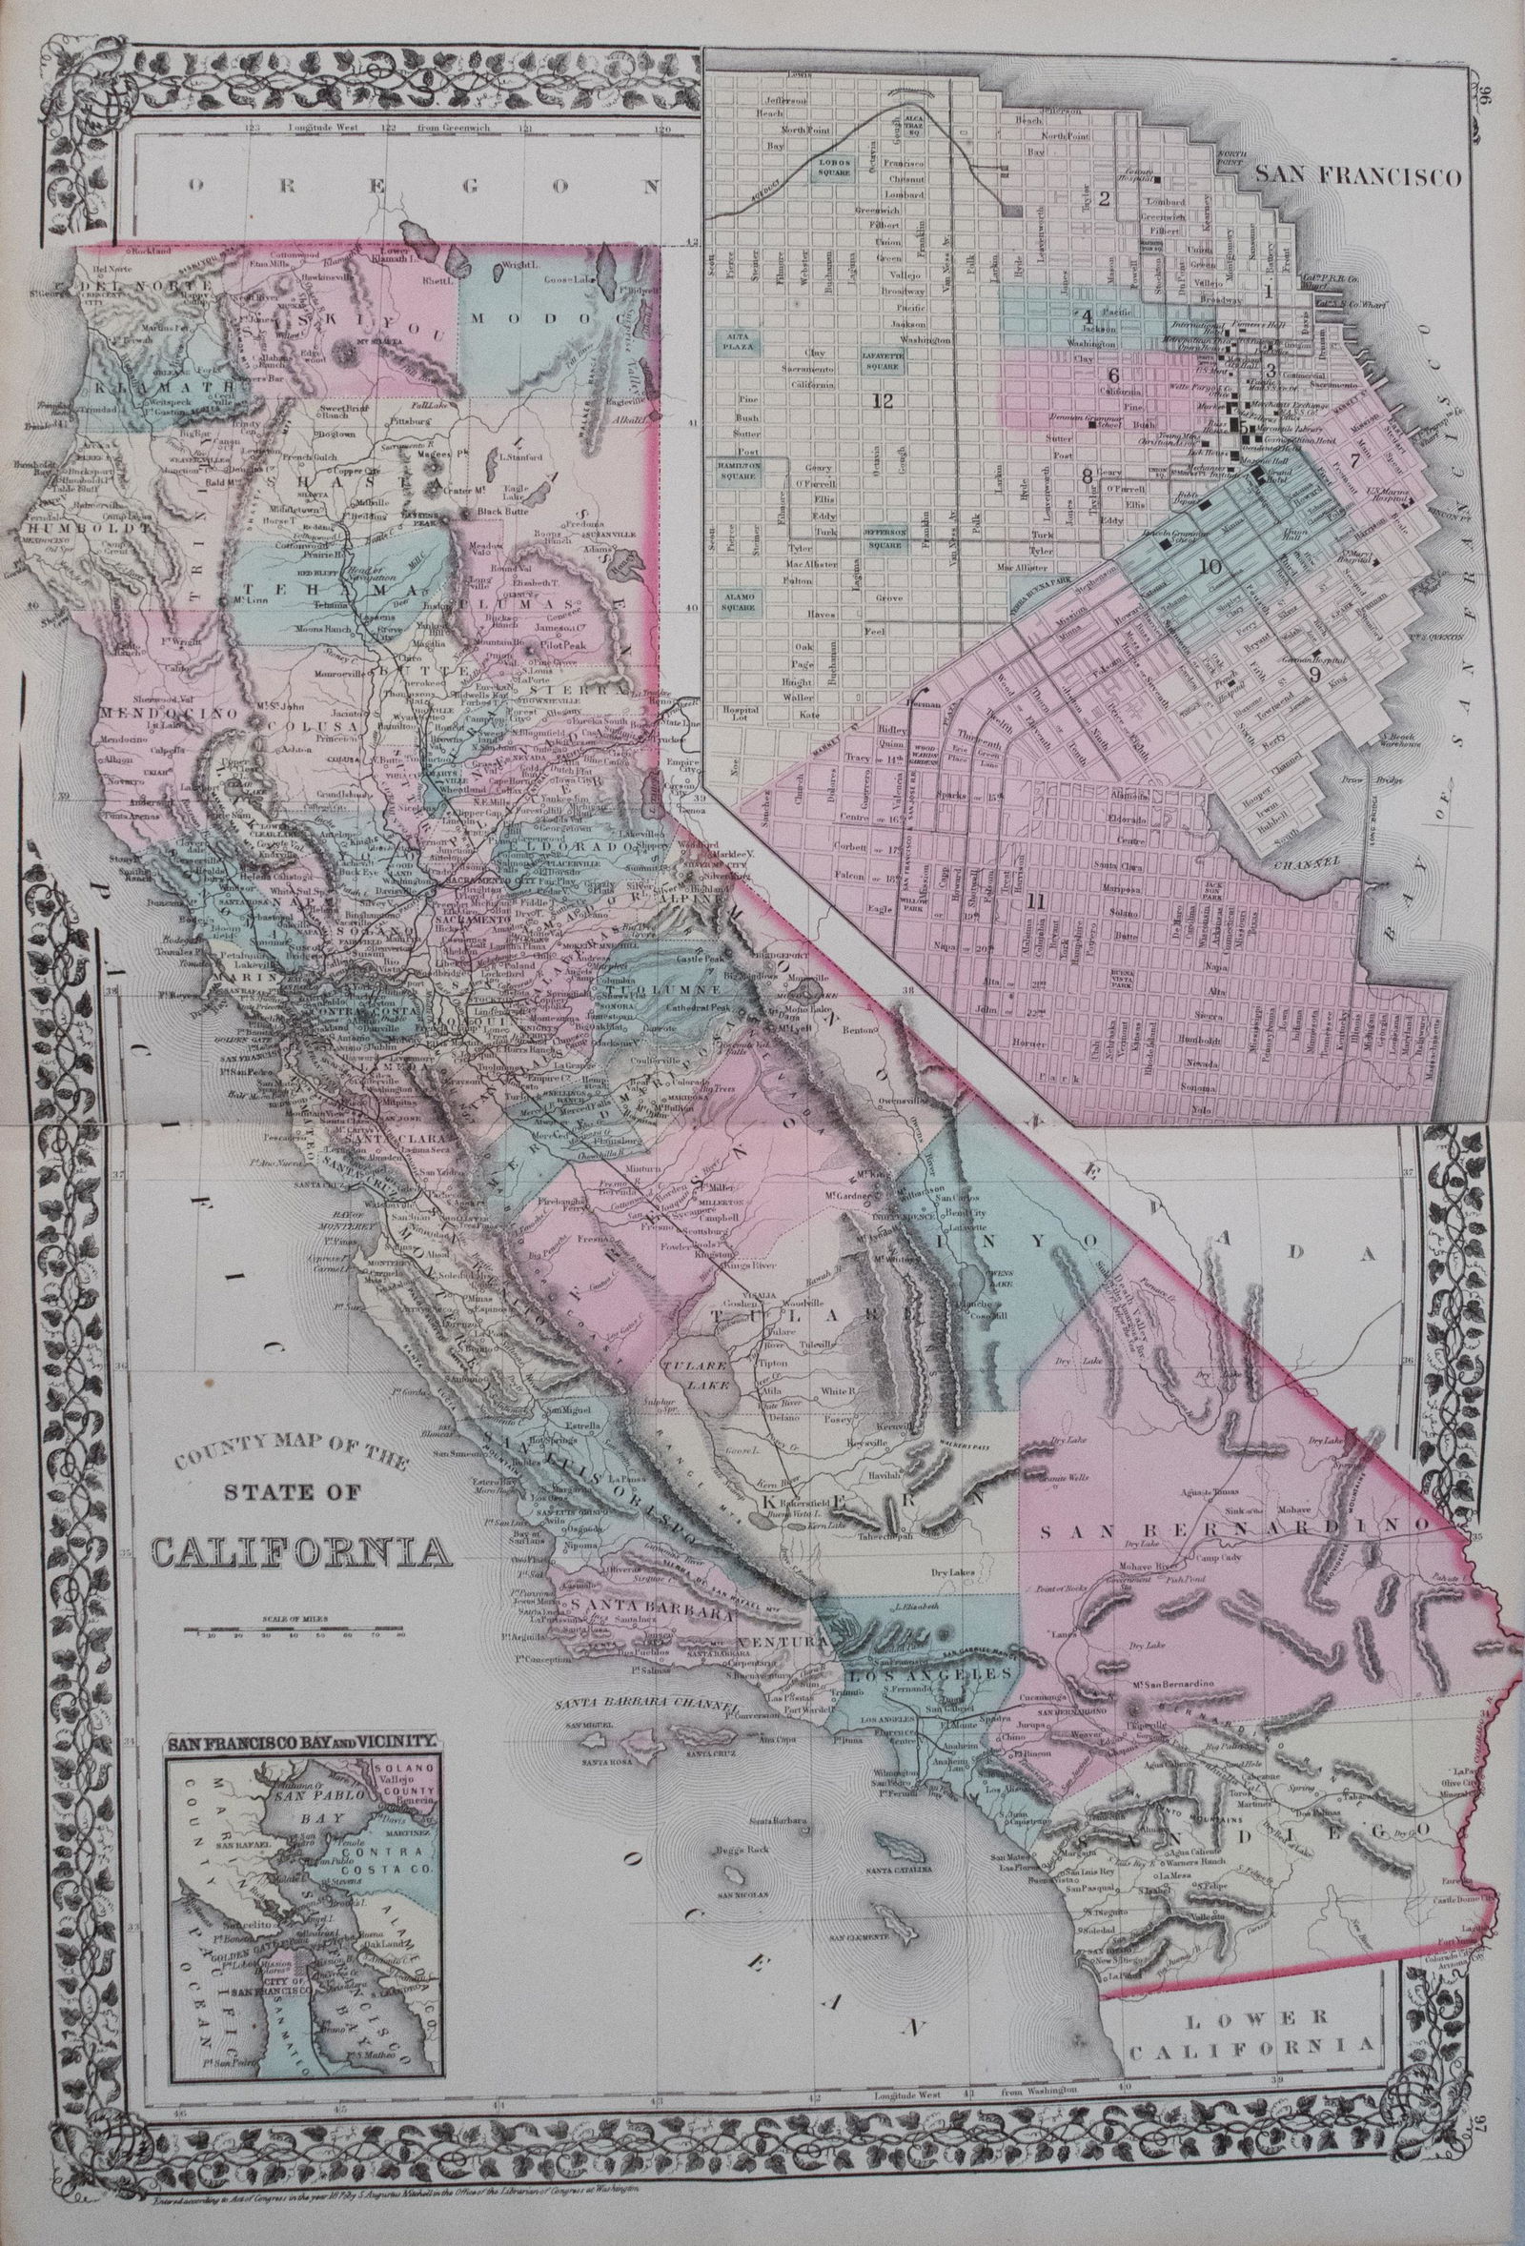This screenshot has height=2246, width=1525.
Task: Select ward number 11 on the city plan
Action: [x=1037, y=902]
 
